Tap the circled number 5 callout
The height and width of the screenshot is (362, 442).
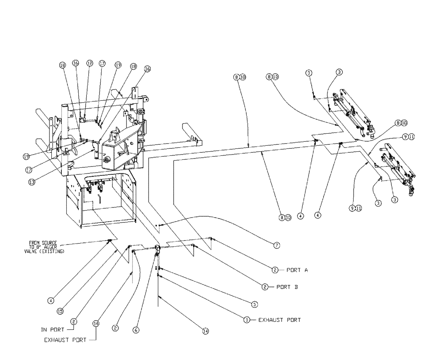pyautogui.click(x=255, y=304)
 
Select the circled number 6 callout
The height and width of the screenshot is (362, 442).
pyautogui.click(x=136, y=330)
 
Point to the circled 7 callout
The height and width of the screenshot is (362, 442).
pyautogui.click(x=276, y=245)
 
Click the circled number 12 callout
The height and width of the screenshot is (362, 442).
pyautogui.click(x=90, y=64)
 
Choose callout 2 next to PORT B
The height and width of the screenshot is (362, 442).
pyautogui.click(x=265, y=287)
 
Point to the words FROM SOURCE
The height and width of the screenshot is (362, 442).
pyautogui.click(x=43, y=242)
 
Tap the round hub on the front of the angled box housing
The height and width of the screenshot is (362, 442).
pyautogui.click(x=106, y=160)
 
